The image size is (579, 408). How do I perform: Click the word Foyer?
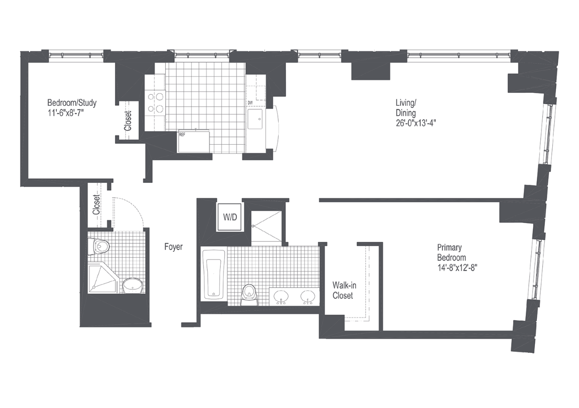173,247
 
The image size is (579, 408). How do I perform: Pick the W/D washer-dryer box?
230,216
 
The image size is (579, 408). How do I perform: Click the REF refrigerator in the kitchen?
194,141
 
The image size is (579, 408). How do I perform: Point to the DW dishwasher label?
250,103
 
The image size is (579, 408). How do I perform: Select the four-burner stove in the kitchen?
155,102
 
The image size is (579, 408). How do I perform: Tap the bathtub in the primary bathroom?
213,274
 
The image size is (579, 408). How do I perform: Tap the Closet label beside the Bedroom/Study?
128,121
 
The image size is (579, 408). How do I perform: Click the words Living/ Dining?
405,108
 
